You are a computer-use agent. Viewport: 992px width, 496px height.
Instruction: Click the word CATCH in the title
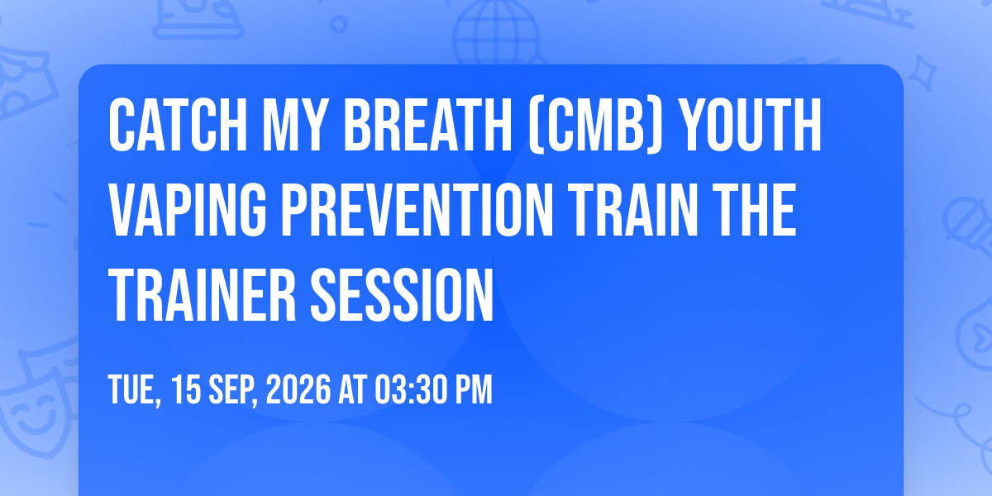tap(178, 126)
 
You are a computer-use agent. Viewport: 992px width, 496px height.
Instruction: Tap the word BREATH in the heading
tap(428, 126)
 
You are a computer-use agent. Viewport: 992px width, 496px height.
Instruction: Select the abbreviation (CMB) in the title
tap(596, 126)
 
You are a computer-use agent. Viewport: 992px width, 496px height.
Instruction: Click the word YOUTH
tap(751, 126)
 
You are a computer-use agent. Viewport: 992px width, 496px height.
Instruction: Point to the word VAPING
tap(188, 210)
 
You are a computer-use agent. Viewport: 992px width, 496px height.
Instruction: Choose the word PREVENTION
tap(417, 210)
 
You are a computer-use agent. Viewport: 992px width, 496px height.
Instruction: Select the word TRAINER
tap(202, 295)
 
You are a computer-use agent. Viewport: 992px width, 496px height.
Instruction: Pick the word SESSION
tap(402, 295)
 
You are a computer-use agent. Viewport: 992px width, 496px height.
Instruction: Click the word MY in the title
tap(292, 126)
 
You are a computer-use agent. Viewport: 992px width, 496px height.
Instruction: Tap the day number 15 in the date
tap(186, 389)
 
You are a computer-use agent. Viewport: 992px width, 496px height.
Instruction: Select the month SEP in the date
tap(233, 390)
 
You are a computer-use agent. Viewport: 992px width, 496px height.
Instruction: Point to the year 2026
tap(298, 389)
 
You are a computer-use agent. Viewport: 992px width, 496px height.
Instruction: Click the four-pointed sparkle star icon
tap(922, 72)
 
